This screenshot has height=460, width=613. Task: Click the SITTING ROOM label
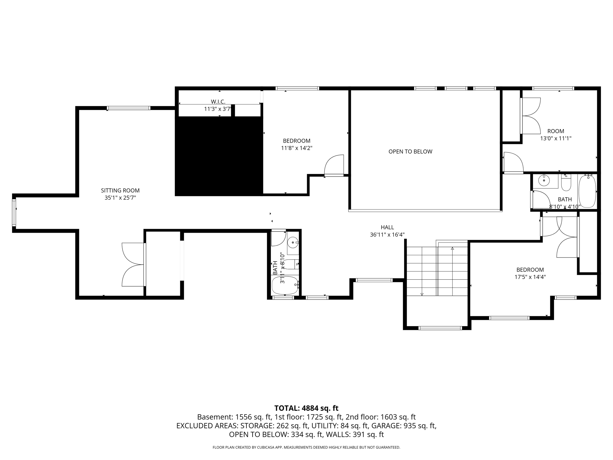[120, 190]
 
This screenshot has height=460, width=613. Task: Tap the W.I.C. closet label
[218, 102]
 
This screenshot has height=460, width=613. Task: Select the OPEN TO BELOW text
[410, 152]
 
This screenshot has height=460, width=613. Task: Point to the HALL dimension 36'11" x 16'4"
[387, 235]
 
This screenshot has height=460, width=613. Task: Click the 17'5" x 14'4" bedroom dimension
[530, 277]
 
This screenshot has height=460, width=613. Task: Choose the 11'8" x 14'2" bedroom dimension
[296, 148]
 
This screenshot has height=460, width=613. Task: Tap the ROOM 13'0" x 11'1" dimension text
[556, 138]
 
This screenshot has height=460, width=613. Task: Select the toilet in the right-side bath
[566, 184]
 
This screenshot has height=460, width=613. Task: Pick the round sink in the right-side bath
[543, 181]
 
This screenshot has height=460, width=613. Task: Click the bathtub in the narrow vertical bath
[285, 285]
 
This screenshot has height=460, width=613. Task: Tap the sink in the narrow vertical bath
[293, 242]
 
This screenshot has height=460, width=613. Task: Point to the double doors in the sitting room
[133, 264]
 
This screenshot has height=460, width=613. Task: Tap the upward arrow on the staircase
[452, 248]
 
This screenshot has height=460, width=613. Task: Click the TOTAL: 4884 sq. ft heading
[306, 408]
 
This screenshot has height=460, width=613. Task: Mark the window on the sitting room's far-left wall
[14, 213]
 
